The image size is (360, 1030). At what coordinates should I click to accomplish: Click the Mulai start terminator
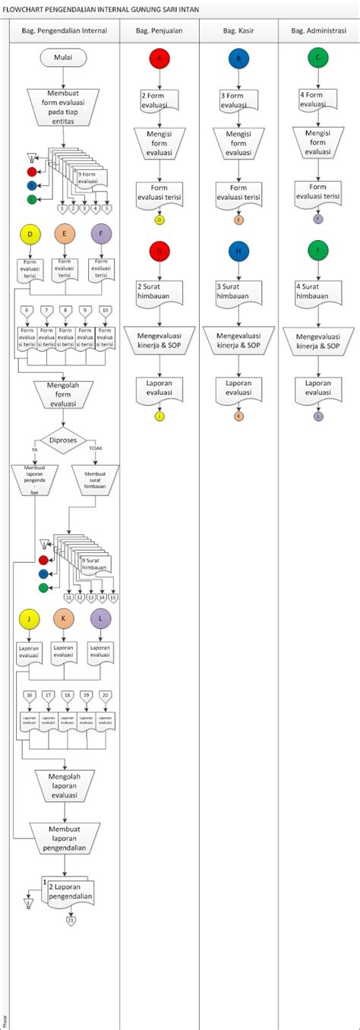pyautogui.click(x=65, y=58)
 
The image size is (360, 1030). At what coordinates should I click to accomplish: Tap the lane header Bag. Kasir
pyautogui.click(x=238, y=31)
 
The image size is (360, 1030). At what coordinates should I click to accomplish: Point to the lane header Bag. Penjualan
pyautogui.click(x=159, y=31)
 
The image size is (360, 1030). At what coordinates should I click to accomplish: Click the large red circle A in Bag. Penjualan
pyautogui.click(x=159, y=58)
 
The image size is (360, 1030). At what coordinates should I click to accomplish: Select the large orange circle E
pyautogui.click(x=65, y=235)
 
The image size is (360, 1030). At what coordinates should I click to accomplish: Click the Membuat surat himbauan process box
pyautogui.click(x=96, y=480)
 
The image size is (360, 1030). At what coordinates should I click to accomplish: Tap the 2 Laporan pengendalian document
pyautogui.click(x=70, y=891)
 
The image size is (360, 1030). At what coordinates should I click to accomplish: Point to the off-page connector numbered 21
pyautogui.click(x=71, y=921)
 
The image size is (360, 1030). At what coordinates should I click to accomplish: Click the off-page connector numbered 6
pyautogui.click(x=27, y=311)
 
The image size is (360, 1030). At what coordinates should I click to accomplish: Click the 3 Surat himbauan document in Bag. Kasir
pyautogui.click(x=238, y=292)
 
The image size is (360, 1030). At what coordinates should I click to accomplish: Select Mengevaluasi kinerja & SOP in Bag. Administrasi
pyautogui.click(x=318, y=340)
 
